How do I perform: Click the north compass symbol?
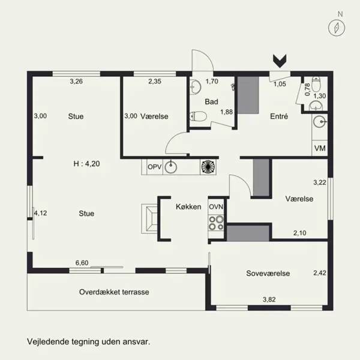(x=337, y=28)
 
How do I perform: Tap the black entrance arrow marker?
(x=280, y=61)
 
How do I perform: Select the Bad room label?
(x=211, y=101)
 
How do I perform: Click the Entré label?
(x=279, y=116)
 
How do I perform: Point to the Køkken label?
(x=188, y=206)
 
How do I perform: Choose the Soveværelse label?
(x=268, y=273)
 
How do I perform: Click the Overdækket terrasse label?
(x=114, y=292)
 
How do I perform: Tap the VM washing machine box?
(x=320, y=148)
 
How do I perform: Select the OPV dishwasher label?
(x=155, y=167)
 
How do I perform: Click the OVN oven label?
(x=216, y=207)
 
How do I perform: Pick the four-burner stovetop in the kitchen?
(x=216, y=223)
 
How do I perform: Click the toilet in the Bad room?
(x=198, y=116)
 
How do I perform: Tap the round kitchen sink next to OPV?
(x=171, y=167)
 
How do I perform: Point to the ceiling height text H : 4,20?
(x=86, y=164)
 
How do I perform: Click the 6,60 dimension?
(x=82, y=263)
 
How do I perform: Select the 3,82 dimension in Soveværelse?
(x=269, y=299)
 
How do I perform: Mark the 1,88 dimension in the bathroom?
(x=227, y=112)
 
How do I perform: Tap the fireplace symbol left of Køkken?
(x=149, y=219)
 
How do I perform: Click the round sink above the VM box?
(x=320, y=122)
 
